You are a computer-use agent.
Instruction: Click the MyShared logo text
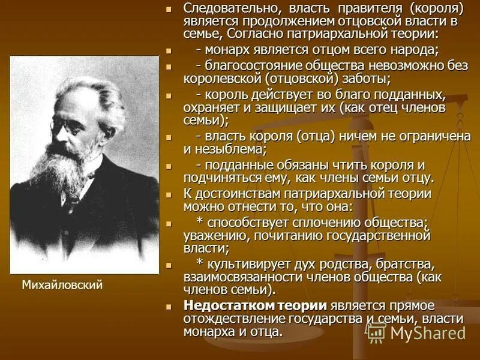428,332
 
